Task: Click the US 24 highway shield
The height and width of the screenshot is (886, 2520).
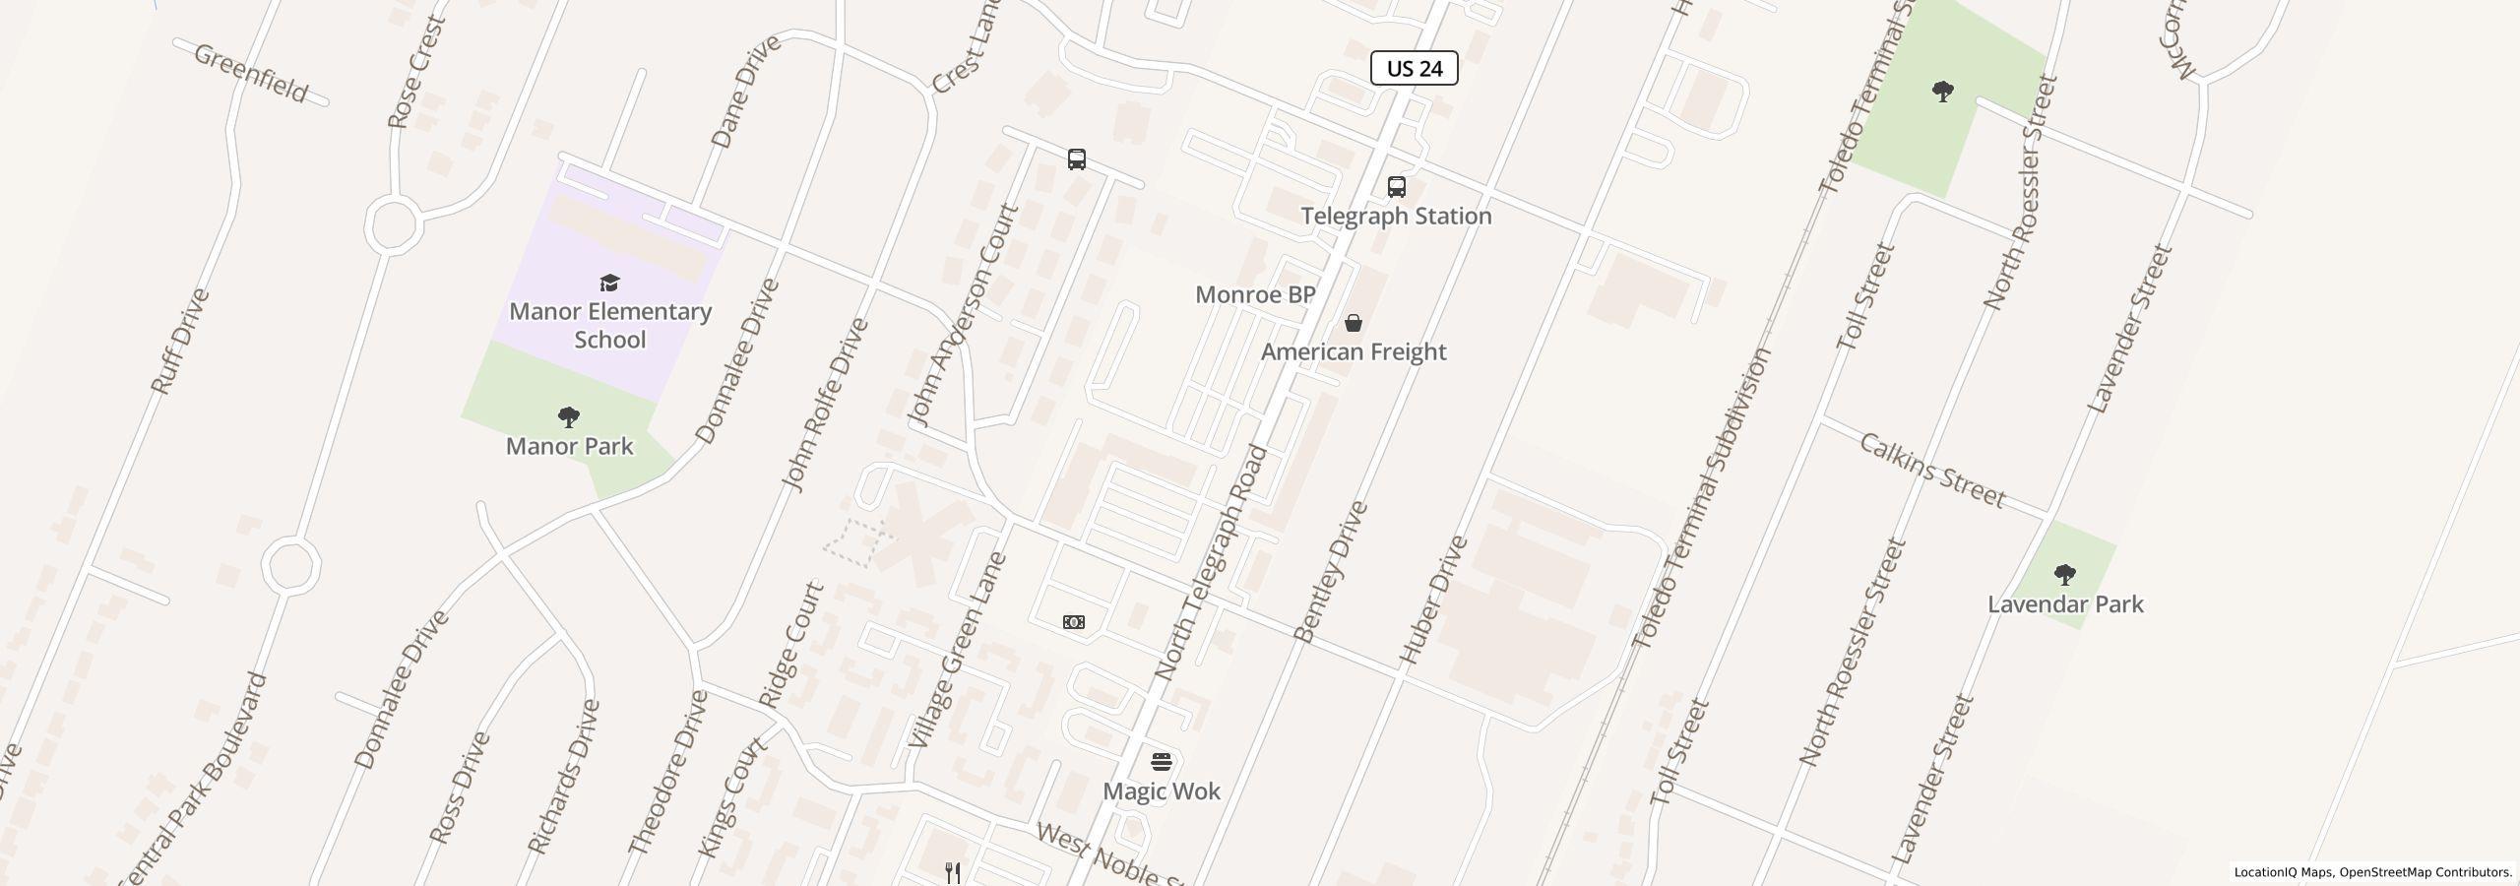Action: [1414, 68]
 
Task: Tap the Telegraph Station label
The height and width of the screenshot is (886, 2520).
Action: [1396, 216]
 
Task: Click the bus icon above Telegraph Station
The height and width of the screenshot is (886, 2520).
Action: [1396, 187]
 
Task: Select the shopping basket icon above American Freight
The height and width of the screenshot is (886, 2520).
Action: [1354, 323]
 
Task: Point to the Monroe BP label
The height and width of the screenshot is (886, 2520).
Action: [1255, 294]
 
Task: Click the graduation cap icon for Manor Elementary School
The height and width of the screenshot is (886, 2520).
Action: [609, 284]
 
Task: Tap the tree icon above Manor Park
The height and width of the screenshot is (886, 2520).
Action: [568, 417]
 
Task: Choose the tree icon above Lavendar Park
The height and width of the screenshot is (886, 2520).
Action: [2065, 575]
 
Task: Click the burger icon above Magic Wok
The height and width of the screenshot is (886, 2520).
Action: [1162, 762]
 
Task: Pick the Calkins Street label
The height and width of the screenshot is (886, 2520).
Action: [1931, 471]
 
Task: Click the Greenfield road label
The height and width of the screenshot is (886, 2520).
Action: [251, 72]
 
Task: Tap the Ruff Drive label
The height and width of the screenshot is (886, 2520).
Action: [180, 342]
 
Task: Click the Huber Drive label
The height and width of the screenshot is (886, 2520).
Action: [1432, 599]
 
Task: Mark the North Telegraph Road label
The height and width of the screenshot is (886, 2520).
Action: [1210, 563]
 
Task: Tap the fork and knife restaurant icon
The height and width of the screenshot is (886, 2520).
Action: [953, 872]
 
